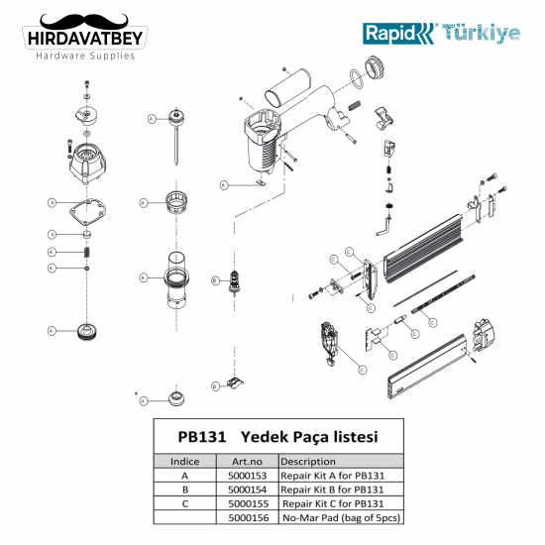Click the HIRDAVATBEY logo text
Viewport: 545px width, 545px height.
pos(84,38)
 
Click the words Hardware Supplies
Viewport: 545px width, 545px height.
pos(84,55)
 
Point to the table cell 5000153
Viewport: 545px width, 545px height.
pos(245,475)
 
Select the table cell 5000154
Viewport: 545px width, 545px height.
pos(245,489)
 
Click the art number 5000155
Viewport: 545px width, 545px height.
pos(245,502)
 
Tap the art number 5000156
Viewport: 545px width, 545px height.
pos(245,516)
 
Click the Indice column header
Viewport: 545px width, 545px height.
pos(185,461)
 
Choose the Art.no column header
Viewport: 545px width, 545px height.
pos(245,461)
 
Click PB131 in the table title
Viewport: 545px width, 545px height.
pos(202,436)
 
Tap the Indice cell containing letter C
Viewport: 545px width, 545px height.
pos(185,502)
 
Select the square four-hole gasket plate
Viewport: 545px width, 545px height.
pos(87,209)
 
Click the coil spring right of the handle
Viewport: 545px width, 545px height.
pos(355,101)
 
